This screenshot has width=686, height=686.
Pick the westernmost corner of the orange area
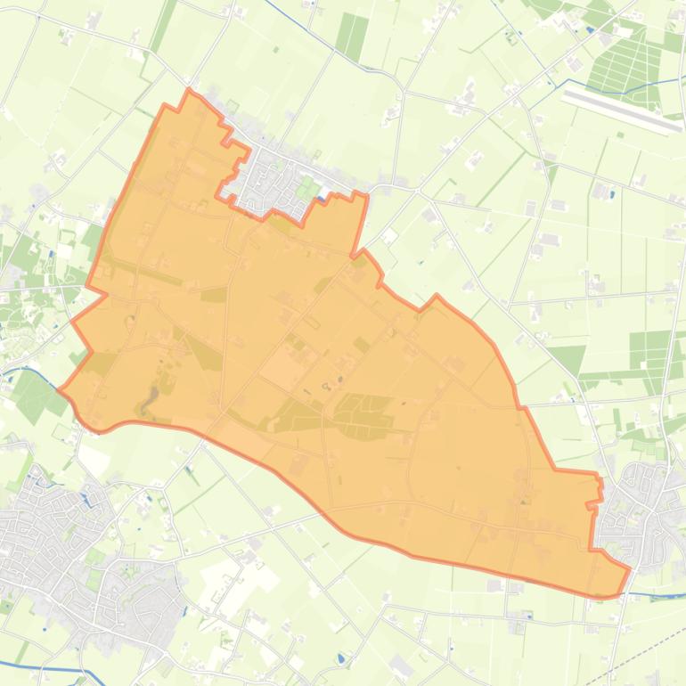pyautogui.click(x=59, y=389)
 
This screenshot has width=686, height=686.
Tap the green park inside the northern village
pyautogui.click(x=306, y=189)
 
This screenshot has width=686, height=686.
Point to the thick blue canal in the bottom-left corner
pyautogui.click(x=45, y=667)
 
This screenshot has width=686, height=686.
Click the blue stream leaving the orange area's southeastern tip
pyautogui.click(x=655, y=594)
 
